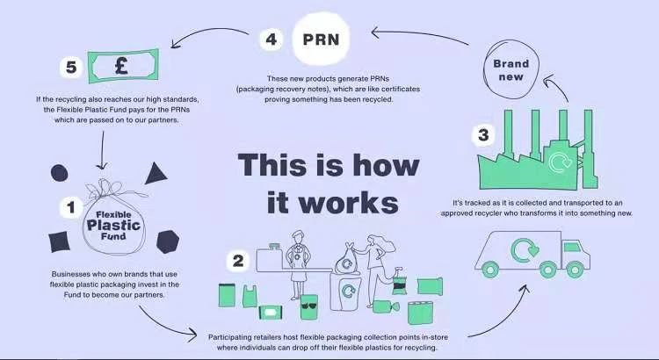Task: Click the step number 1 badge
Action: (x=69, y=208)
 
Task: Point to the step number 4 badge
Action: (x=272, y=40)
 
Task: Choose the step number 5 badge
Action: (x=69, y=66)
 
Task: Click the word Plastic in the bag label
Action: (x=113, y=224)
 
